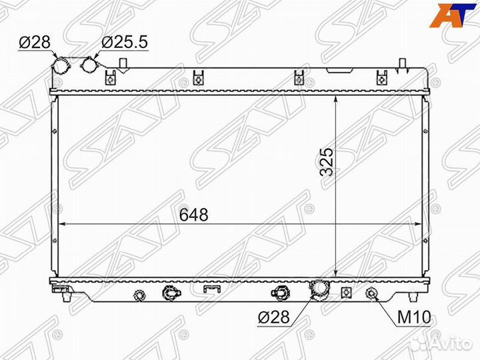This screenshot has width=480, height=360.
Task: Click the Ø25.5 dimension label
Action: coord(125,42)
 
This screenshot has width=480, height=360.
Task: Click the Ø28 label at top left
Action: coord(34,42)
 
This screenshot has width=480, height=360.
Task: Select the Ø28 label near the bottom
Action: coord(274,317)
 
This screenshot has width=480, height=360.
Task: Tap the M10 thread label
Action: coord(414,317)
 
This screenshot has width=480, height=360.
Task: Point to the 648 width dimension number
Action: coord(194,215)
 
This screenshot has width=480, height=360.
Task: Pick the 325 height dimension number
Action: coord(326,162)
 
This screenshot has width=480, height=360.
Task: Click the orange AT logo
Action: coord(450,15)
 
